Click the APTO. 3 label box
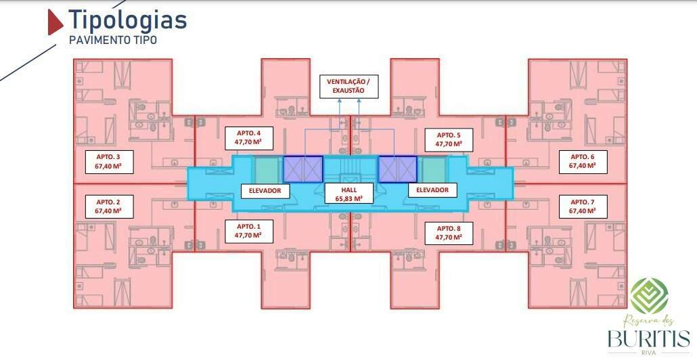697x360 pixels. pyautogui.click(x=109, y=162)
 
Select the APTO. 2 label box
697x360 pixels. pyautogui.click(x=109, y=206)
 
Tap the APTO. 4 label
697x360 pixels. pyautogui.click(x=248, y=139)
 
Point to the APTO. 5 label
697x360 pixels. pyautogui.click(x=449, y=139)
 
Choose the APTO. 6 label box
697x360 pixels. pyautogui.click(x=583, y=162)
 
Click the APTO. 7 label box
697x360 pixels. pyautogui.click(x=583, y=206)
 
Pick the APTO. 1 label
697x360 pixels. pyautogui.click(x=248, y=231)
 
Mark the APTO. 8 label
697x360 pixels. pyautogui.click(x=449, y=233)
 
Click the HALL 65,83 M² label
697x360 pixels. pyautogui.click(x=348, y=194)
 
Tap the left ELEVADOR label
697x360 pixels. pyautogui.click(x=265, y=190)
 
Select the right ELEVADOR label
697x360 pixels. pyautogui.click(x=432, y=189)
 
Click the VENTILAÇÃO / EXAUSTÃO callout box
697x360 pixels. pyautogui.click(x=348, y=86)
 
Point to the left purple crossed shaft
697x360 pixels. pyautogui.click(x=303, y=169)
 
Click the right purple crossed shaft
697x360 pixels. pyautogui.click(x=397, y=169)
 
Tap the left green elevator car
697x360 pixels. pyautogui.click(x=266, y=169)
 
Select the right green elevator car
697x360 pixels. pyautogui.click(x=433, y=169)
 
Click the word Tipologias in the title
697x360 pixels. pyautogui.click(x=128, y=20)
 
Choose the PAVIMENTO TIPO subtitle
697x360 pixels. pyautogui.click(x=113, y=40)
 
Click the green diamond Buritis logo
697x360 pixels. pyautogui.click(x=649, y=296)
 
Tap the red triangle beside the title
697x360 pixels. pyautogui.click(x=55, y=22)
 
